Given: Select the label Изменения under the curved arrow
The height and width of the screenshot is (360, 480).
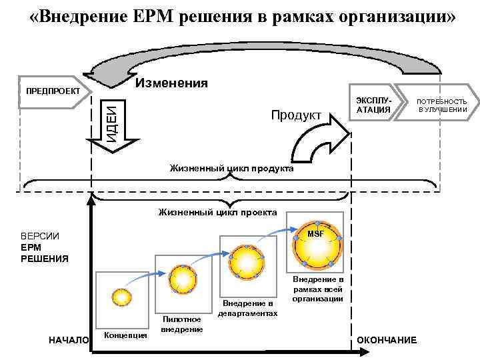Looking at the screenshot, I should point(171,83).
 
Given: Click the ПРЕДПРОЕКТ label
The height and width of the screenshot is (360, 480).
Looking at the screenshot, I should point(53,91).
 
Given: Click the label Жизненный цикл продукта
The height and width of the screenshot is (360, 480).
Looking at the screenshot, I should point(231,169).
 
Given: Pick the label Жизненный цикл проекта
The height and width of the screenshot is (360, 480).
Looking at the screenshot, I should point(218,213).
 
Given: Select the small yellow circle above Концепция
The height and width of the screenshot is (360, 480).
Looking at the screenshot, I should point(121,297).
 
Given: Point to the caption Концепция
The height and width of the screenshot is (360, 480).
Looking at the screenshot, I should point(126,335).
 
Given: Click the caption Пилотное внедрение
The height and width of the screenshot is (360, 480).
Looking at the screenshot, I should point(182,325).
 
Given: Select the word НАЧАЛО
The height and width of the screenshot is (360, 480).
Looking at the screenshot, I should point(69,340).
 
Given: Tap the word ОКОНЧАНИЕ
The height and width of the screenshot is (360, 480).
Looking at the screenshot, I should point(387,340).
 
